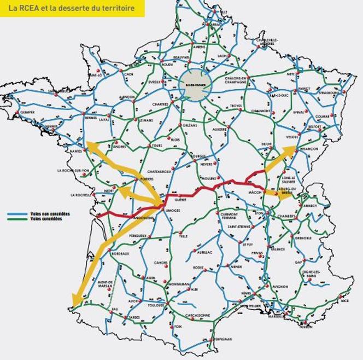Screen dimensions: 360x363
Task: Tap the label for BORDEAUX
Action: tap(120, 254)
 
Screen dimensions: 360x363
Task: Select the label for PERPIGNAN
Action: tap(221, 339)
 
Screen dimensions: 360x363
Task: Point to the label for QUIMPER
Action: tap(27, 112)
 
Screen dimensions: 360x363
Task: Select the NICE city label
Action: tap(344, 300)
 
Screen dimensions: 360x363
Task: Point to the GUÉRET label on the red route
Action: tap(180, 193)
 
